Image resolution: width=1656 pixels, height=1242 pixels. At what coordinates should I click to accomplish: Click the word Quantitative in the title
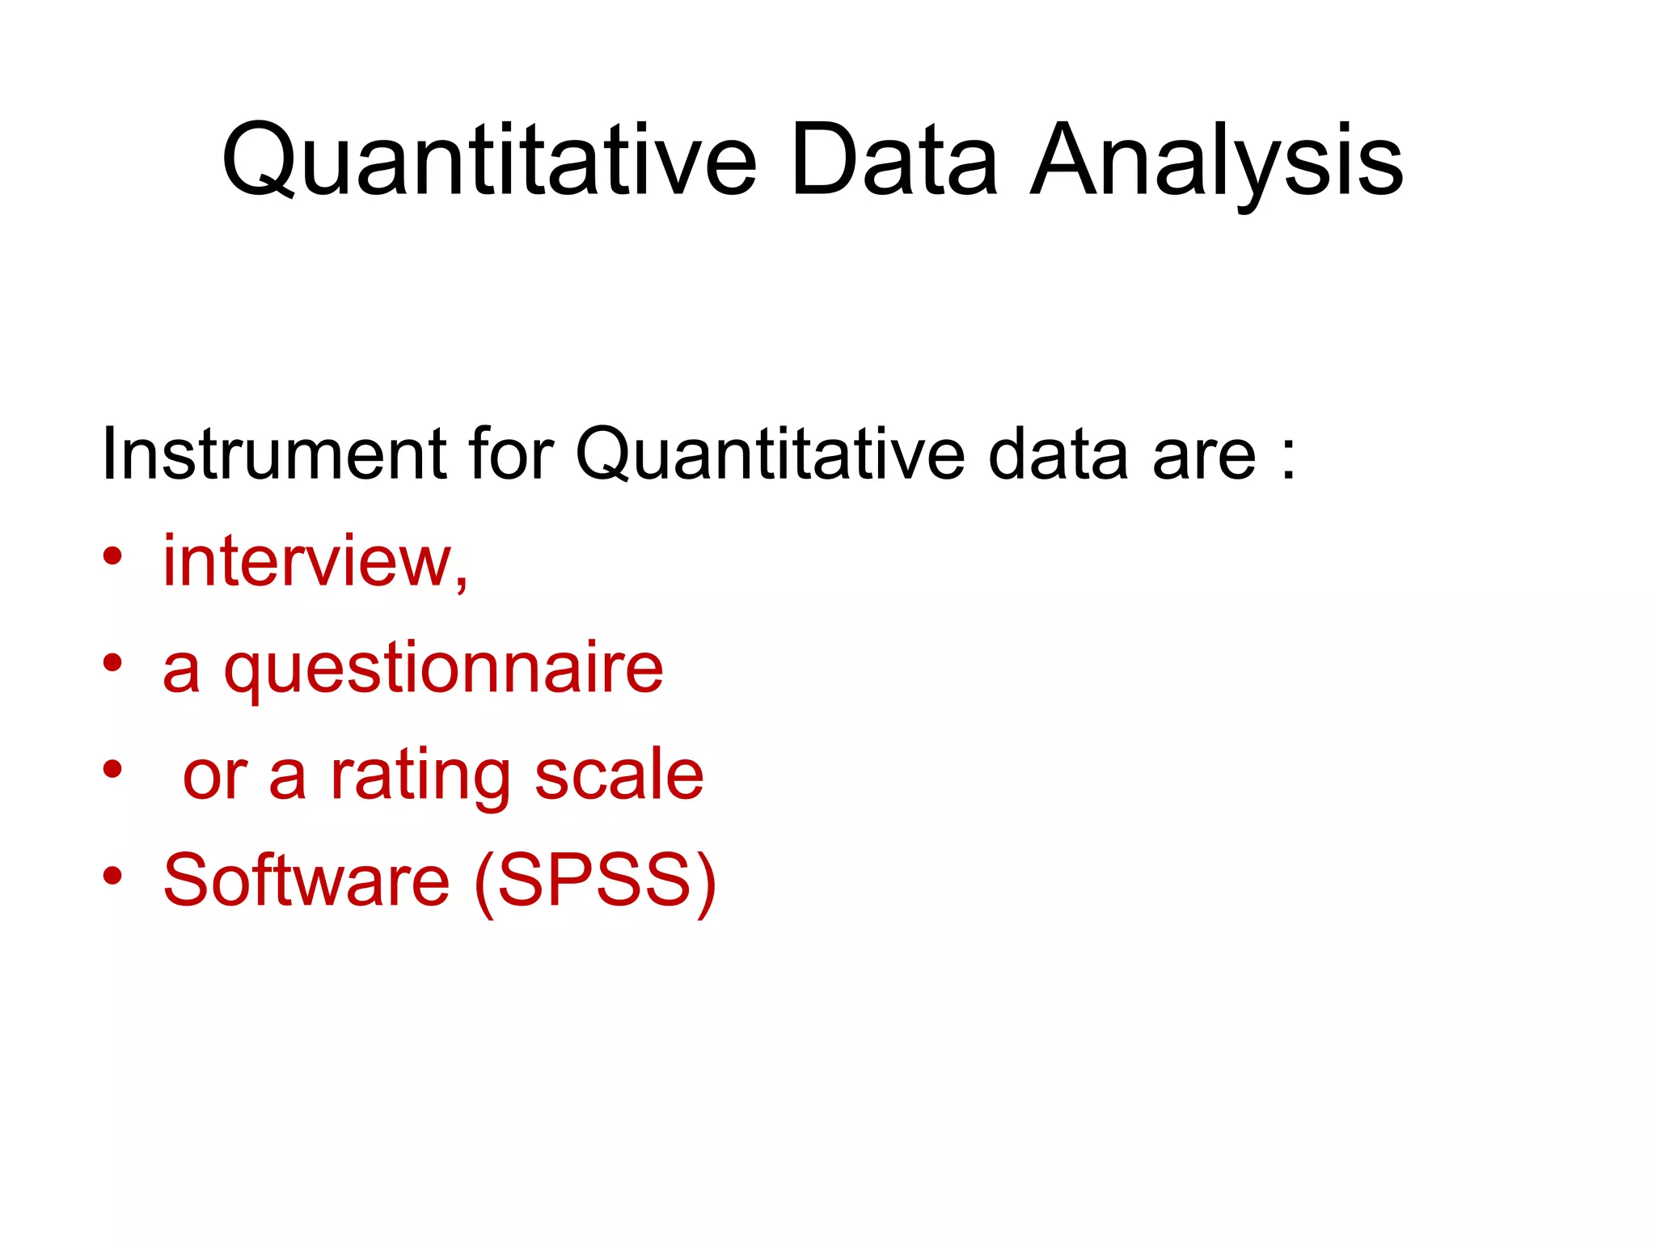tap(488, 160)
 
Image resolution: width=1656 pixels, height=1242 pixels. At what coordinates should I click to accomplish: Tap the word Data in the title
tap(893, 160)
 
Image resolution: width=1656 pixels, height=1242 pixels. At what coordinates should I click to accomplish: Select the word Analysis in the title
tap(1216, 160)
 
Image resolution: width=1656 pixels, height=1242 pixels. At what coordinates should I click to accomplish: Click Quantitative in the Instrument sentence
tap(769, 454)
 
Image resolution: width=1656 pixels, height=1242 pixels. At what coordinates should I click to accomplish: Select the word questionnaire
tap(443, 669)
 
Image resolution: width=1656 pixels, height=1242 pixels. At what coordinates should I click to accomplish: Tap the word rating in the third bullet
tap(420, 775)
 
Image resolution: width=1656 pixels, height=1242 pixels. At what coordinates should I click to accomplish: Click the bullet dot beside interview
tap(112, 556)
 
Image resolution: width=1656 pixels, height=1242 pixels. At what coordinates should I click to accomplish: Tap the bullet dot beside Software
tap(112, 875)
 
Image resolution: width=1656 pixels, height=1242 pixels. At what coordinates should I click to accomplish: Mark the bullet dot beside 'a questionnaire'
tap(112, 663)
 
